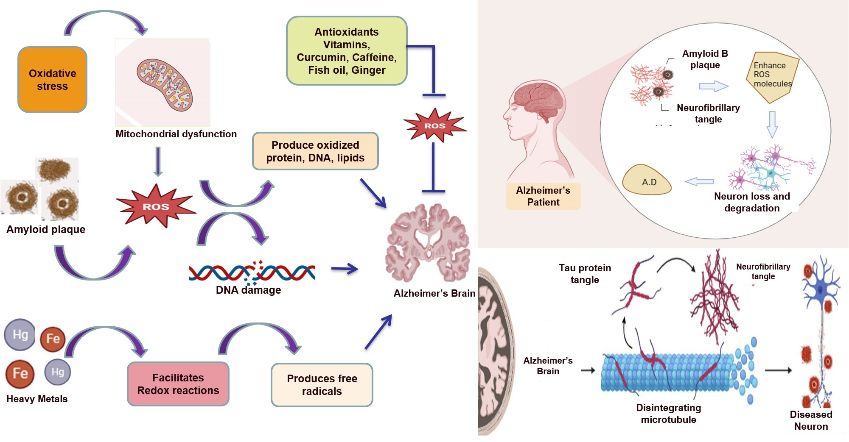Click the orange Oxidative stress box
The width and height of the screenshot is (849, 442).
click(52, 80)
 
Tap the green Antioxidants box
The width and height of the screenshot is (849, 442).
click(347, 51)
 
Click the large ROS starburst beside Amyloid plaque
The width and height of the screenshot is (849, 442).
click(156, 206)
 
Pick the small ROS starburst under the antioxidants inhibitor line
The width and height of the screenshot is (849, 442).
click(434, 125)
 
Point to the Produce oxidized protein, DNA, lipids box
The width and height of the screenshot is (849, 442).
click(315, 151)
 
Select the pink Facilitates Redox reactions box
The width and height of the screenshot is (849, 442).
click(178, 384)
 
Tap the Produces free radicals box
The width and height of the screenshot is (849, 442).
click(322, 385)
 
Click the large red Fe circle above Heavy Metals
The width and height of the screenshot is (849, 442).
click(20, 374)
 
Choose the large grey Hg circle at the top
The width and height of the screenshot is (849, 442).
click(20, 335)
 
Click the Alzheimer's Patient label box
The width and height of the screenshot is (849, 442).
click(543, 196)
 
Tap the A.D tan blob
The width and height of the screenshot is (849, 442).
click(647, 181)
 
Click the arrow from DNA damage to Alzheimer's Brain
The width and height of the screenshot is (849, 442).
click(345, 269)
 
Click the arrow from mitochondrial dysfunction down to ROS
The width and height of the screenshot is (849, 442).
click(158, 161)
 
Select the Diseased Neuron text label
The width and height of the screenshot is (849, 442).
click(811, 420)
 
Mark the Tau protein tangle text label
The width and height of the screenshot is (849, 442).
click(585, 274)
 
